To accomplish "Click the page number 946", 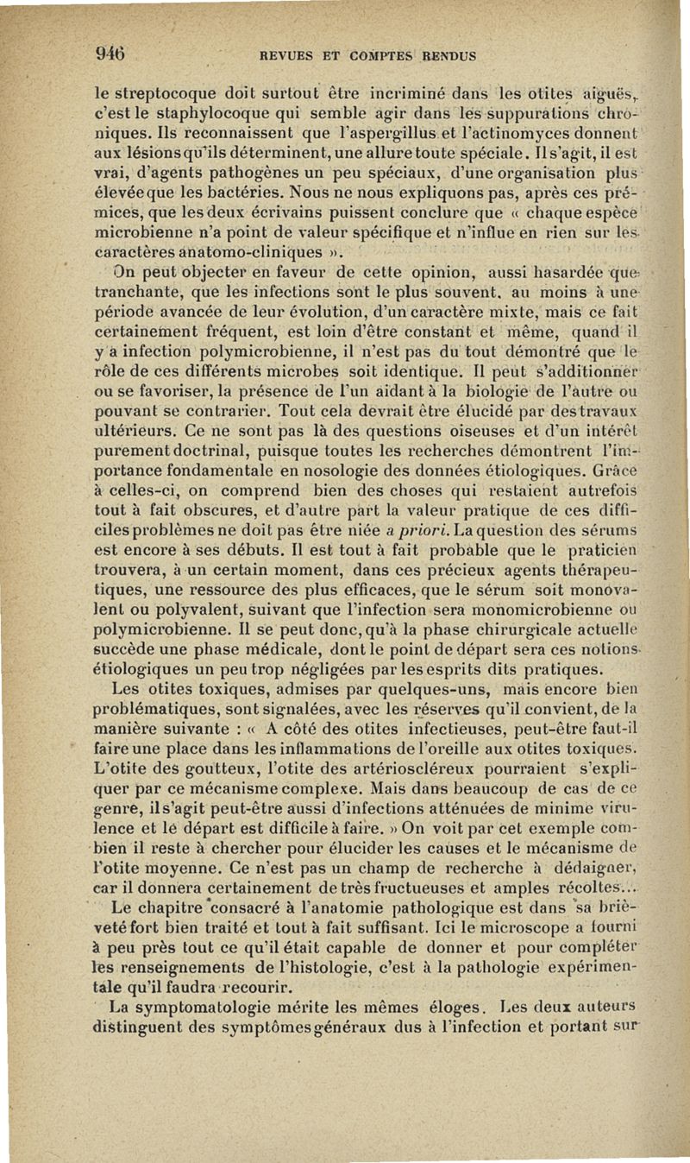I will pos(110,50).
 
